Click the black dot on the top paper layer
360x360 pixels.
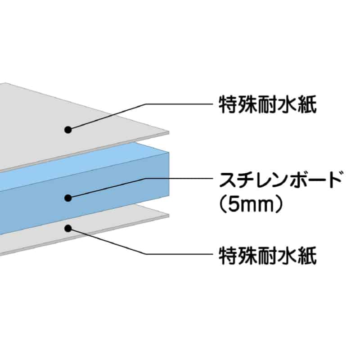coord(68,130)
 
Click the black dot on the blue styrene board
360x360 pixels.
coord(68,197)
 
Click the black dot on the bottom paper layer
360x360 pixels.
coord(68,228)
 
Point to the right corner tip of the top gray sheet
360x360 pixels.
coord(168,132)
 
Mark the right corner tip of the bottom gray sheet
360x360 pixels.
coord(168,216)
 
